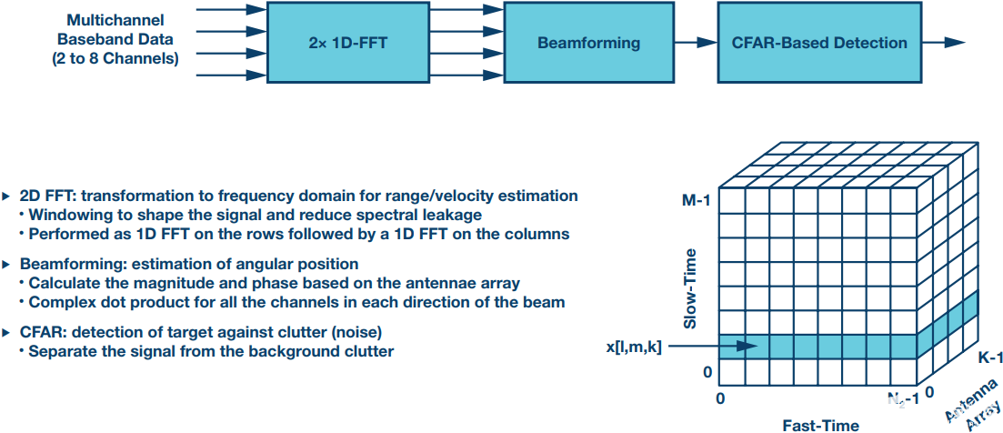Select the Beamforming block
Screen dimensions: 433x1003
[x=588, y=43]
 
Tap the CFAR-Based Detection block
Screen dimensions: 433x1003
[x=818, y=43]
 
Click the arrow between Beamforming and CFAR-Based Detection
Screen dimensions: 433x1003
[x=697, y=43]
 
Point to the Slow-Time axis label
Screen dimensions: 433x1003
[x=690, y=290]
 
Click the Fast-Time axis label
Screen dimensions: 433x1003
[x=822, y=424]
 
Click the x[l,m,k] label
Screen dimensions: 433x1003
[x=633, y=346]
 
